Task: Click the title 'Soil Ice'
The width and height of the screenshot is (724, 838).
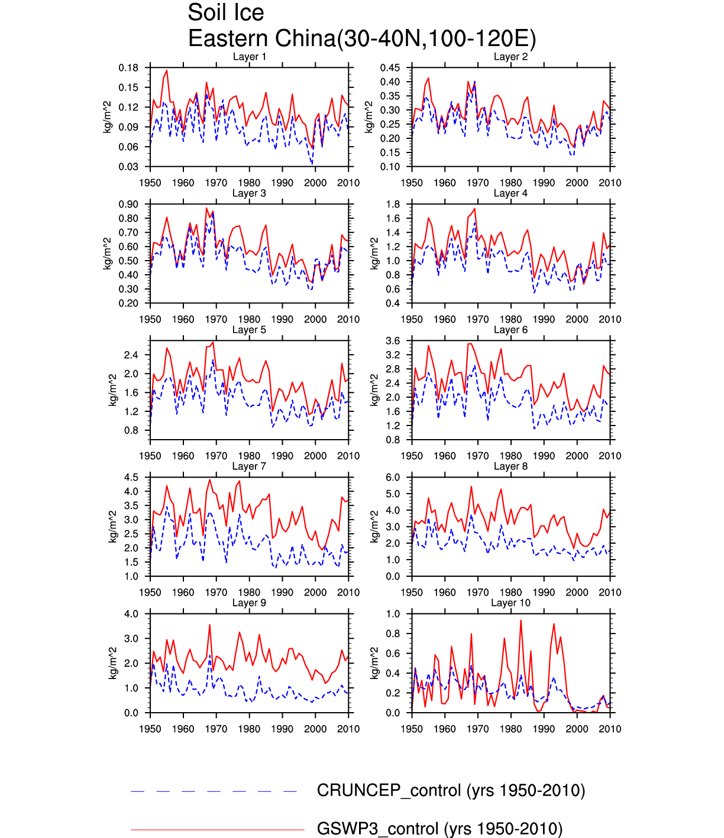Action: point(225,12)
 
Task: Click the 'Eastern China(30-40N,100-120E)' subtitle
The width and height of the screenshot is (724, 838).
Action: point(361,38)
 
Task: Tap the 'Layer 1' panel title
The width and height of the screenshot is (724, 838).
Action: point(249,57)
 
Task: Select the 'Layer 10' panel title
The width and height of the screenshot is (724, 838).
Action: point(510,603)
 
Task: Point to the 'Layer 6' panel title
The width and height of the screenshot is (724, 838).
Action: point(510,330)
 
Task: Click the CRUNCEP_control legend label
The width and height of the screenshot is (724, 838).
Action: point(451,790)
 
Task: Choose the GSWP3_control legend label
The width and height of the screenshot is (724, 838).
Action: point(439,829)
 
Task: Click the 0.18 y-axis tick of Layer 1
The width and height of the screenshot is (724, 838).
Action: point(128,68)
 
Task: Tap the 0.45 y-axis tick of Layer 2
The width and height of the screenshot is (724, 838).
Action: point(390,68)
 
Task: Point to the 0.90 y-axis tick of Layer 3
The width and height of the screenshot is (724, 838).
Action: point(128,204)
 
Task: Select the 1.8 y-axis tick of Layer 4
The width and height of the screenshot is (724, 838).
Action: point(393,204)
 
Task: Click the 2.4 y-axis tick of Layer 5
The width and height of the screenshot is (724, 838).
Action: point(131,355)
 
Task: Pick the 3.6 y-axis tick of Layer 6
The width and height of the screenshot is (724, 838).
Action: point(393,341)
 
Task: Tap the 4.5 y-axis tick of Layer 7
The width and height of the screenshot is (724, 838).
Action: point(131,478)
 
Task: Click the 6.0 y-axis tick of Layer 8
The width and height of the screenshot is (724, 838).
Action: point(393,478)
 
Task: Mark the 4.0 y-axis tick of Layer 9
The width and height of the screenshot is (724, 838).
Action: point(131,614)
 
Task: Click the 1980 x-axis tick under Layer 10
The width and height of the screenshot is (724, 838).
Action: point(510,729)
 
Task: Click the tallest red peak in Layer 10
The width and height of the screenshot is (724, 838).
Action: point(521,620)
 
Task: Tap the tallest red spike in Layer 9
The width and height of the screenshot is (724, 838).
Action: point(209,625)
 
